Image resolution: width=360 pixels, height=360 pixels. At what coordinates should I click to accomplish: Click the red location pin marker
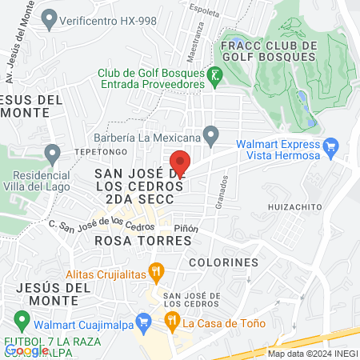pos(180,162)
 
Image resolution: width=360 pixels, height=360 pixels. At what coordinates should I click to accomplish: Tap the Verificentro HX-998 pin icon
pos(50,16)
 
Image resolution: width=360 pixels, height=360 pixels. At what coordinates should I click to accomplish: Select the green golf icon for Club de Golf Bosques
pos(214,77)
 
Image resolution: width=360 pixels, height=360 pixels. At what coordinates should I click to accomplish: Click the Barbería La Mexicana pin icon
pos(210,134)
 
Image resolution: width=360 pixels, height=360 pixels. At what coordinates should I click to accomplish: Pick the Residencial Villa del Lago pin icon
pos(53,151)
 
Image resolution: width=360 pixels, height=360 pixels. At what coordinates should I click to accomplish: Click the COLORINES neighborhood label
pos(224,262)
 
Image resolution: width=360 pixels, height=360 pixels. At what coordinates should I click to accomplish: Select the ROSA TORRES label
pos(129,240)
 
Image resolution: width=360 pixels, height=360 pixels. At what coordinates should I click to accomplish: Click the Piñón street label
pos(186,228)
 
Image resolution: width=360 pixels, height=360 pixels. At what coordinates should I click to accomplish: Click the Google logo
pos(26,350)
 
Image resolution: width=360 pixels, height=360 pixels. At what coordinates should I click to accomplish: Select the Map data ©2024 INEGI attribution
pos(312,354)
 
